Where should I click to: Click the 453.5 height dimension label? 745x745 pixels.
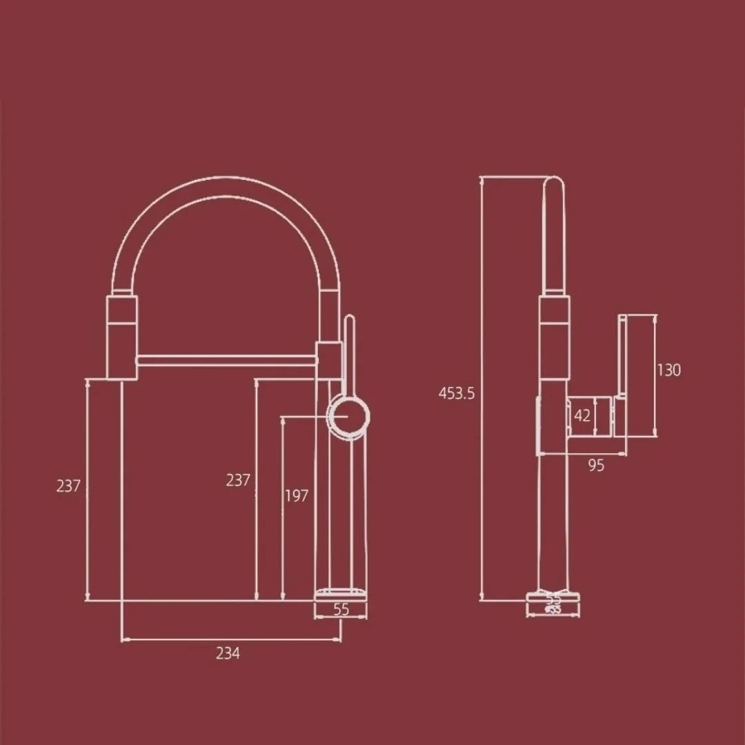pyautogui.click(x=457, y=394)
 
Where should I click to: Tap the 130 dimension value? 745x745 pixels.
pyautogui.click(x=668, y=370)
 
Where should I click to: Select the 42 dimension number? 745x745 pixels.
pyautogui.click(x=582, y=416)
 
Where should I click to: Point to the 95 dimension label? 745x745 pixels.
pyautogui.click(x=596, y=466)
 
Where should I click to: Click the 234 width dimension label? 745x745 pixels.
pyautogui.click(x=228, y=653)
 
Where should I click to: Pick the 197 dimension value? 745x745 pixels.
pyautogui.click(x=297, y=495)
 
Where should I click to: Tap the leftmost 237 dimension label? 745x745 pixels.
pyautogui.click(x=68, y=486)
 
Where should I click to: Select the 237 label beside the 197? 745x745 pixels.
pyautogui.click(x=238, y=480)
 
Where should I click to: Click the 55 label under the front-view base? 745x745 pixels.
pyautogui.click(x=341, y=609)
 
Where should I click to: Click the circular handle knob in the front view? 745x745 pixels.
pyautogui.click(x=348, y=417)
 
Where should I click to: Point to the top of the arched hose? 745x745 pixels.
pyautogui.click(x=224, y=187)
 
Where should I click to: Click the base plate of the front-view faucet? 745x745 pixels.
pyautogui.click(x=341, y=593)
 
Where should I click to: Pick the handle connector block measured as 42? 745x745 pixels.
pyautogui.click(x=590, y=417)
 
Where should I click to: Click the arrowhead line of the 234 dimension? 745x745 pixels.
pyautogui.click(x=231, y=640)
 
